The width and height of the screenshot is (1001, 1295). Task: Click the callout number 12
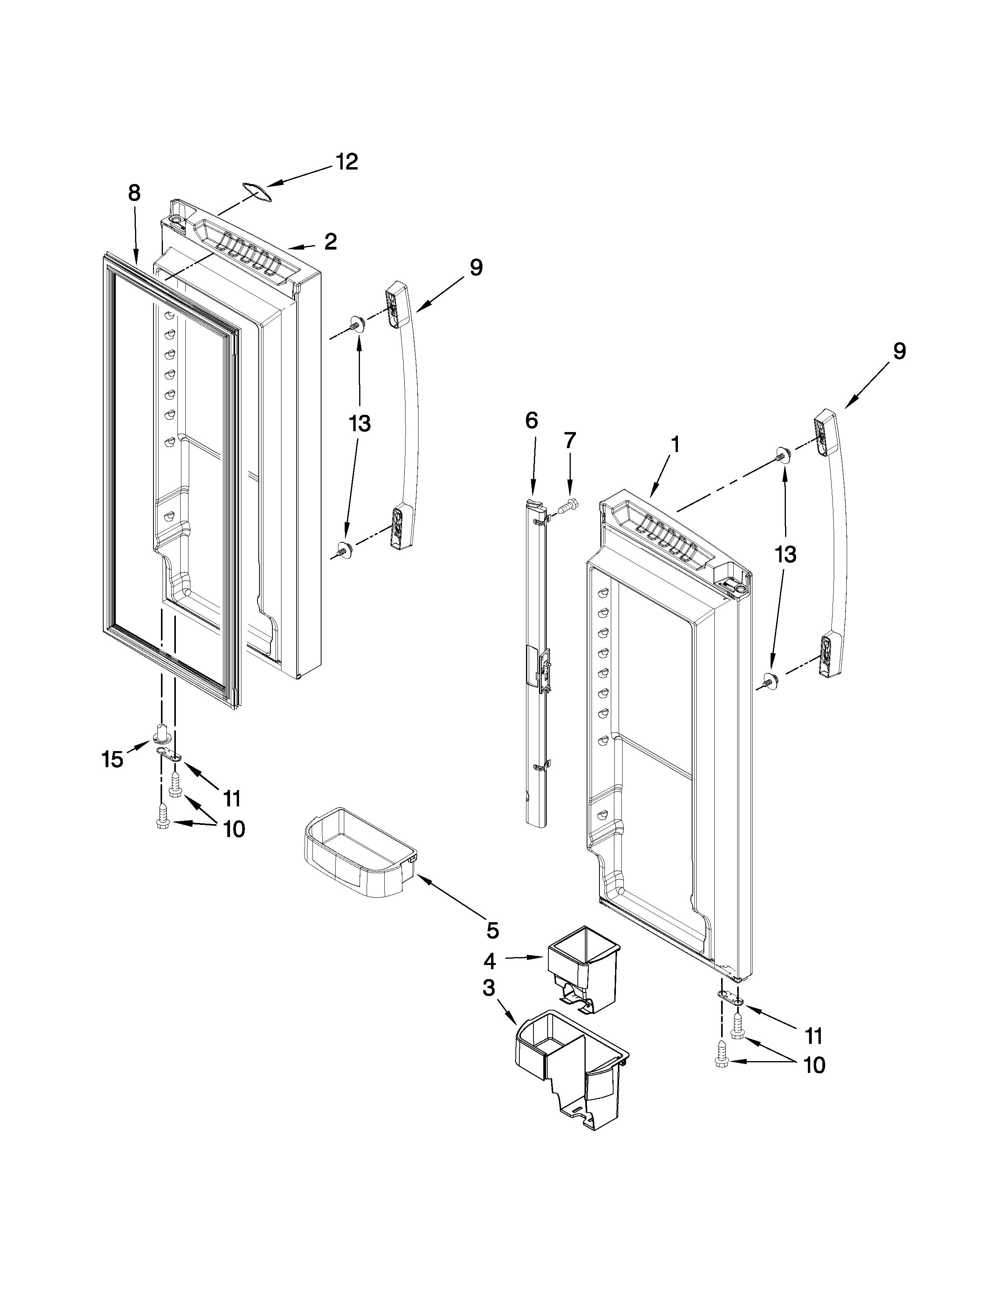coord(347,161)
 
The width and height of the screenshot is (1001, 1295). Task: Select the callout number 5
coord(493,930)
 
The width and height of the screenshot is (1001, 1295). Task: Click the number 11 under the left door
coord(232,798)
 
